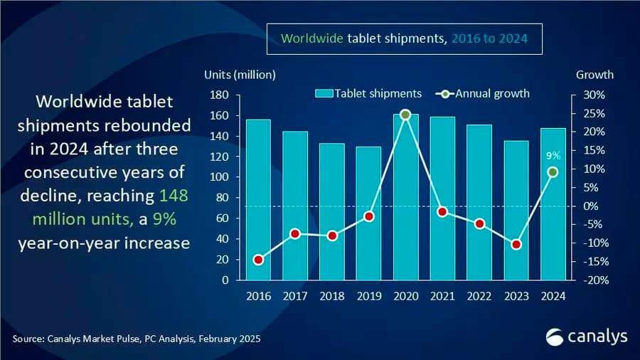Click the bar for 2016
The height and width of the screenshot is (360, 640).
click(x=258, y=200)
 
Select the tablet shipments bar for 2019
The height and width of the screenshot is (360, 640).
click(x=368, y=213)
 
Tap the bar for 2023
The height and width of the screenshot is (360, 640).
click(x=516, y=211)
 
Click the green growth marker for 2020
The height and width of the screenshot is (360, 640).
click(x=405, y=115)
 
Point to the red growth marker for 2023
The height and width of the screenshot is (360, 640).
click(x=516, y=245)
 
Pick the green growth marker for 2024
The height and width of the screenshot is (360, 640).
click(x=553, y=172)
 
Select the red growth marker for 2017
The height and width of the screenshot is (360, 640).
click(x=295, y=234)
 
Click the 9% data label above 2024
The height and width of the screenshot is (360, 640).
click(x=553, y=156)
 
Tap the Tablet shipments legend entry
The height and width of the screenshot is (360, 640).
click(x=368, y=93)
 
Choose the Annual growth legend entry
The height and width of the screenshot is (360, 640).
click(x=482, y=93)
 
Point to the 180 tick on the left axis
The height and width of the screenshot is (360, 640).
click(x=219, y=95)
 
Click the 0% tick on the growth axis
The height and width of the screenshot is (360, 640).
click(x=591, y=206)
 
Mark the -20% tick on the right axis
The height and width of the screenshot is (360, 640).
click(x=597, y=280)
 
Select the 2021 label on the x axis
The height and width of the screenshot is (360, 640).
click(x=442, y=296)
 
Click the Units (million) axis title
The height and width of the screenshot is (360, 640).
click(x=240, y=75)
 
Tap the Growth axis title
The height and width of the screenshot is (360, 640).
click(x=594, y=75)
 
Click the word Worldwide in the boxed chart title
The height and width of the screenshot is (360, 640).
click(x=312, y=38)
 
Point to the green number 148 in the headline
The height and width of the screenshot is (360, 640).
click(x=174, y=196)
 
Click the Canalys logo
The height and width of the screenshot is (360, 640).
click(x=587, y=337)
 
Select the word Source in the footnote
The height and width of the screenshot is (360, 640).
click(x=28, y=339)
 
